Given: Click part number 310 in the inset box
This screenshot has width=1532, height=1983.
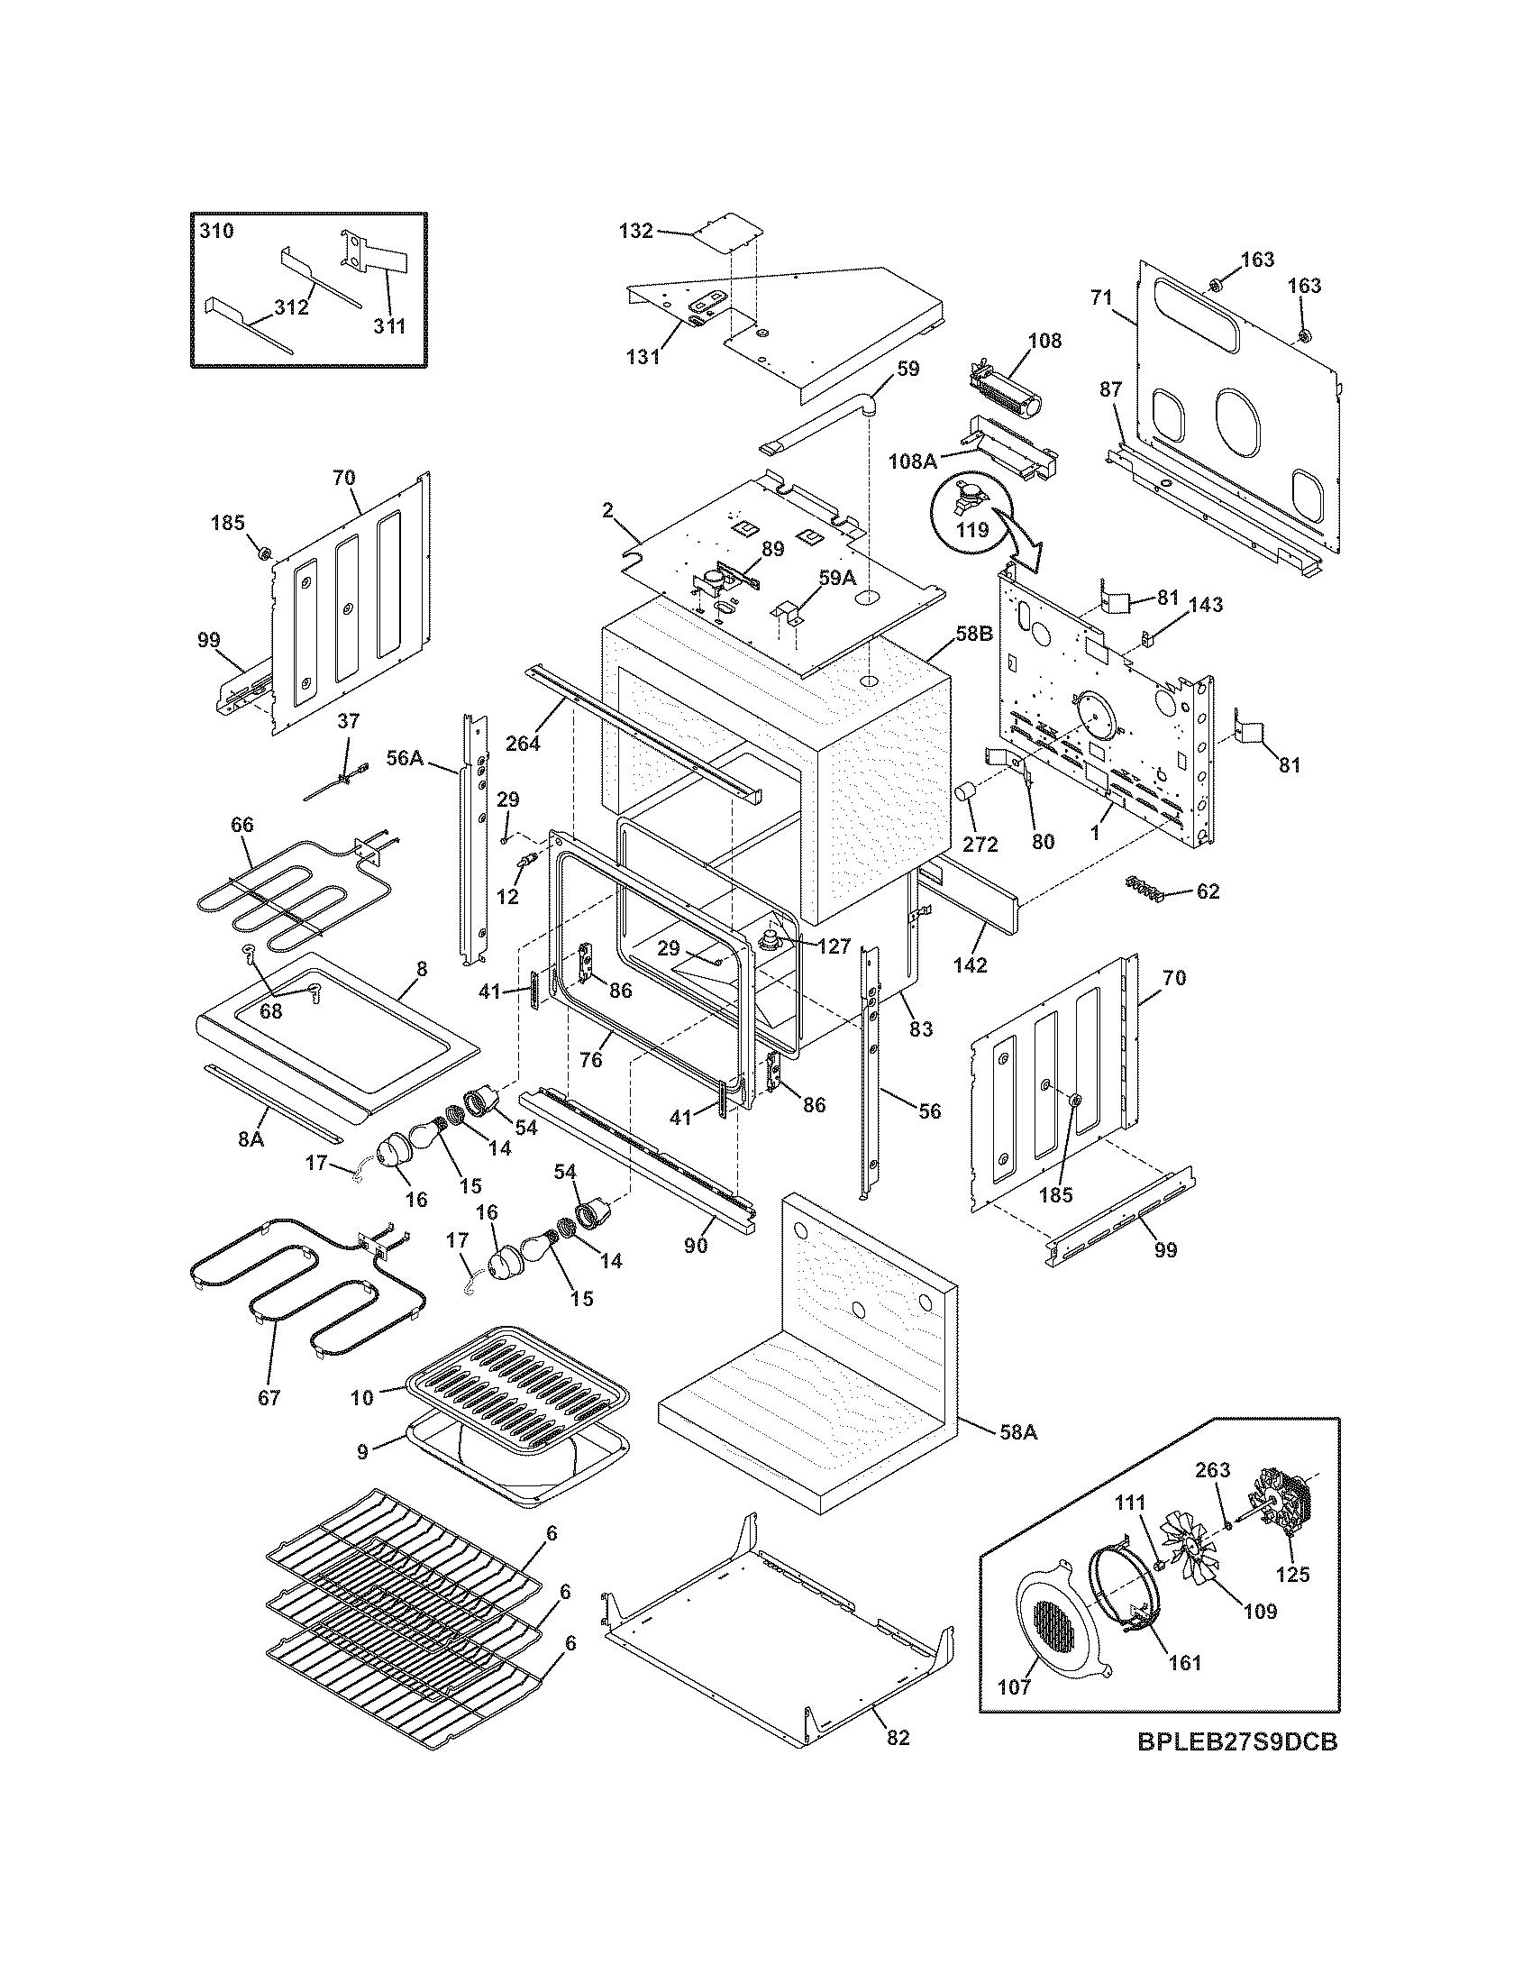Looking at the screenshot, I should coord(216,231).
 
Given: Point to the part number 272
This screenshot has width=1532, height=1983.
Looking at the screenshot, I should coord(980,845).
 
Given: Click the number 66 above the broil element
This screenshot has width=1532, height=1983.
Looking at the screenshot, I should coord(242,825).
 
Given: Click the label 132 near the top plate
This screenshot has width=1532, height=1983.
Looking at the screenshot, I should coord(635,231).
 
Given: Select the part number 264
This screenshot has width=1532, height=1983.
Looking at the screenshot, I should coord(523,743).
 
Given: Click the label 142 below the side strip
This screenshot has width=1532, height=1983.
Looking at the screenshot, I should coord(970,965).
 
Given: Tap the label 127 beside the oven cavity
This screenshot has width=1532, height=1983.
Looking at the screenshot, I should coord(833,947).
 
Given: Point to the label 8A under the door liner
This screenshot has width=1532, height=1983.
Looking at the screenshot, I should coord(251,1138).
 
